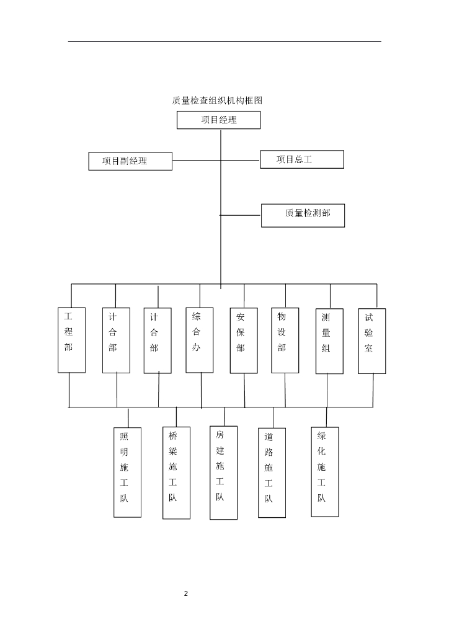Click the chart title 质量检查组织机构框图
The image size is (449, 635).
tap(221, 100)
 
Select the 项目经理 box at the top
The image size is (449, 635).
tap(218, 120)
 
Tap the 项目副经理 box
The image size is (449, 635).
tap(130, 161)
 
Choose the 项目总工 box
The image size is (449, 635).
tap(301, 159)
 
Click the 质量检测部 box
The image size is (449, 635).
tap(303, 215)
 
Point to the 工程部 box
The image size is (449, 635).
tap(71, 340)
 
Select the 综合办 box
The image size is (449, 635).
tap(200, 340)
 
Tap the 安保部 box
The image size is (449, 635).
tap(243, 340)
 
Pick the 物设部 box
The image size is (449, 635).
tap(285, 340)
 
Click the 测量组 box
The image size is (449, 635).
tap(329, 341)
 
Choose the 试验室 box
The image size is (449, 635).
tap(371, 340)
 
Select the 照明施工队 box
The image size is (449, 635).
tap(127, 472)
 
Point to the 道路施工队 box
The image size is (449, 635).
tap(272, 472)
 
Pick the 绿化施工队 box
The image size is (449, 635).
tap(325, 471)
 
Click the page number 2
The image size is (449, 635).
tap(185, 593)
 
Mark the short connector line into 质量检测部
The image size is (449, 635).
tap(241, 215)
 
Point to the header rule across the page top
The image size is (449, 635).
tap(225, 42)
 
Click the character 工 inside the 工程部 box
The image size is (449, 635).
tap(69, 316)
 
